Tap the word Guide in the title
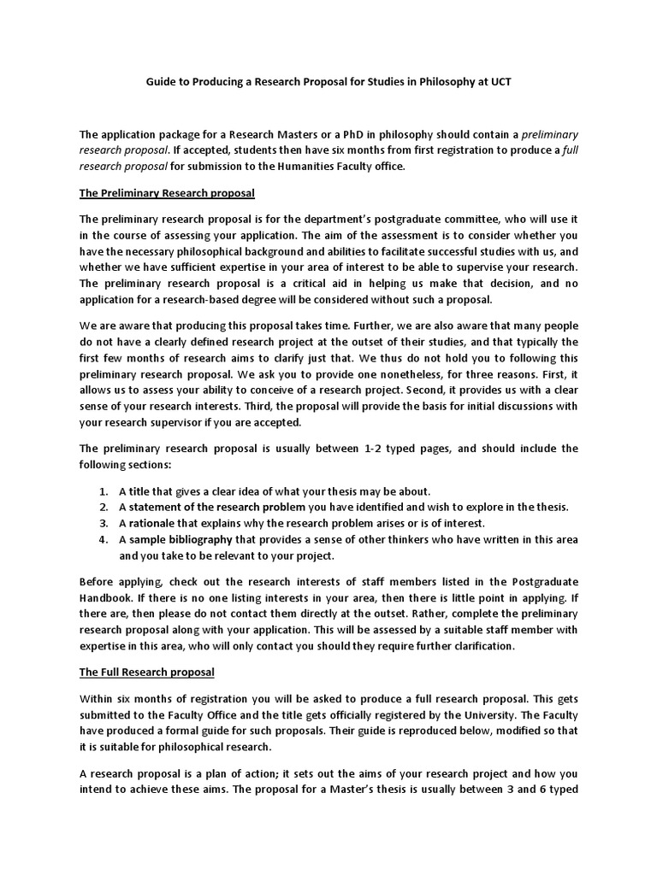[x=156, y=80]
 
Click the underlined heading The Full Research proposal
[x=147, y=672]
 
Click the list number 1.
[x=103, y=491]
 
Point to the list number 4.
[x=103, y=539]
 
